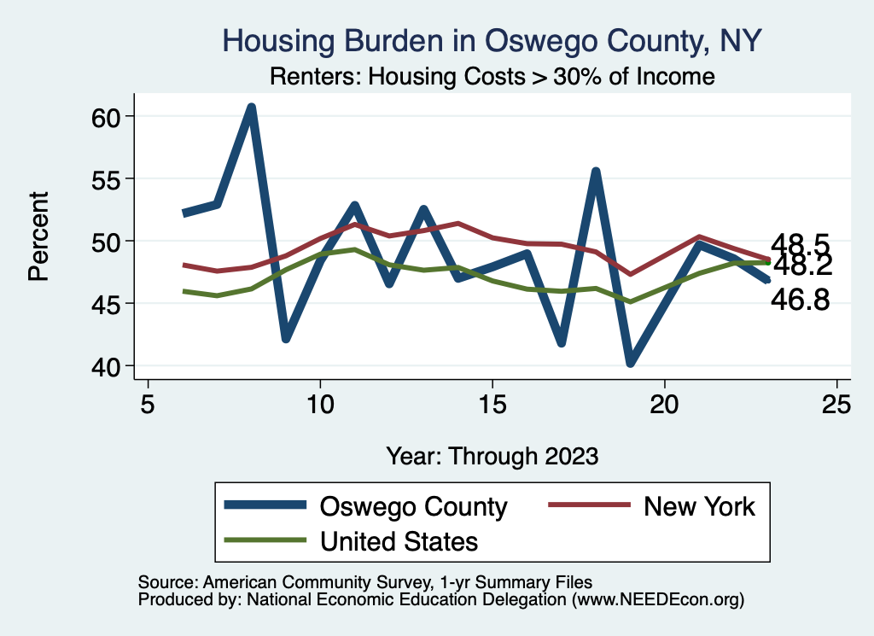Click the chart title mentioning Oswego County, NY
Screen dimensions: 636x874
click(492, 40)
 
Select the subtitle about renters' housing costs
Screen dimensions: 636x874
click(492, 76)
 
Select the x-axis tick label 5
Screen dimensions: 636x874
click(148, 405)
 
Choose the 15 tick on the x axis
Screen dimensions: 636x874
click(492, 405)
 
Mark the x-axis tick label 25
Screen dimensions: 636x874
click(837, 405)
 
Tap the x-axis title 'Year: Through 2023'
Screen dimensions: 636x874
click(492, 455)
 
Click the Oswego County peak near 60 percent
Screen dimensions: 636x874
click(251, 108)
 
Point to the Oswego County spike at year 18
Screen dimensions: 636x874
click(596, 172)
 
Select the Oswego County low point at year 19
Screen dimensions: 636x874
click(631, 363)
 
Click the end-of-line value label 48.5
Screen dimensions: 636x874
click(800, 243)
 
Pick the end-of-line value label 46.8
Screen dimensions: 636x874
click(800, 300)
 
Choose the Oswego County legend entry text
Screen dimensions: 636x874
click(413, 506)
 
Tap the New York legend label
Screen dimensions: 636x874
click(699, 506)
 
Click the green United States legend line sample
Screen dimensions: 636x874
click(265, 540)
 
